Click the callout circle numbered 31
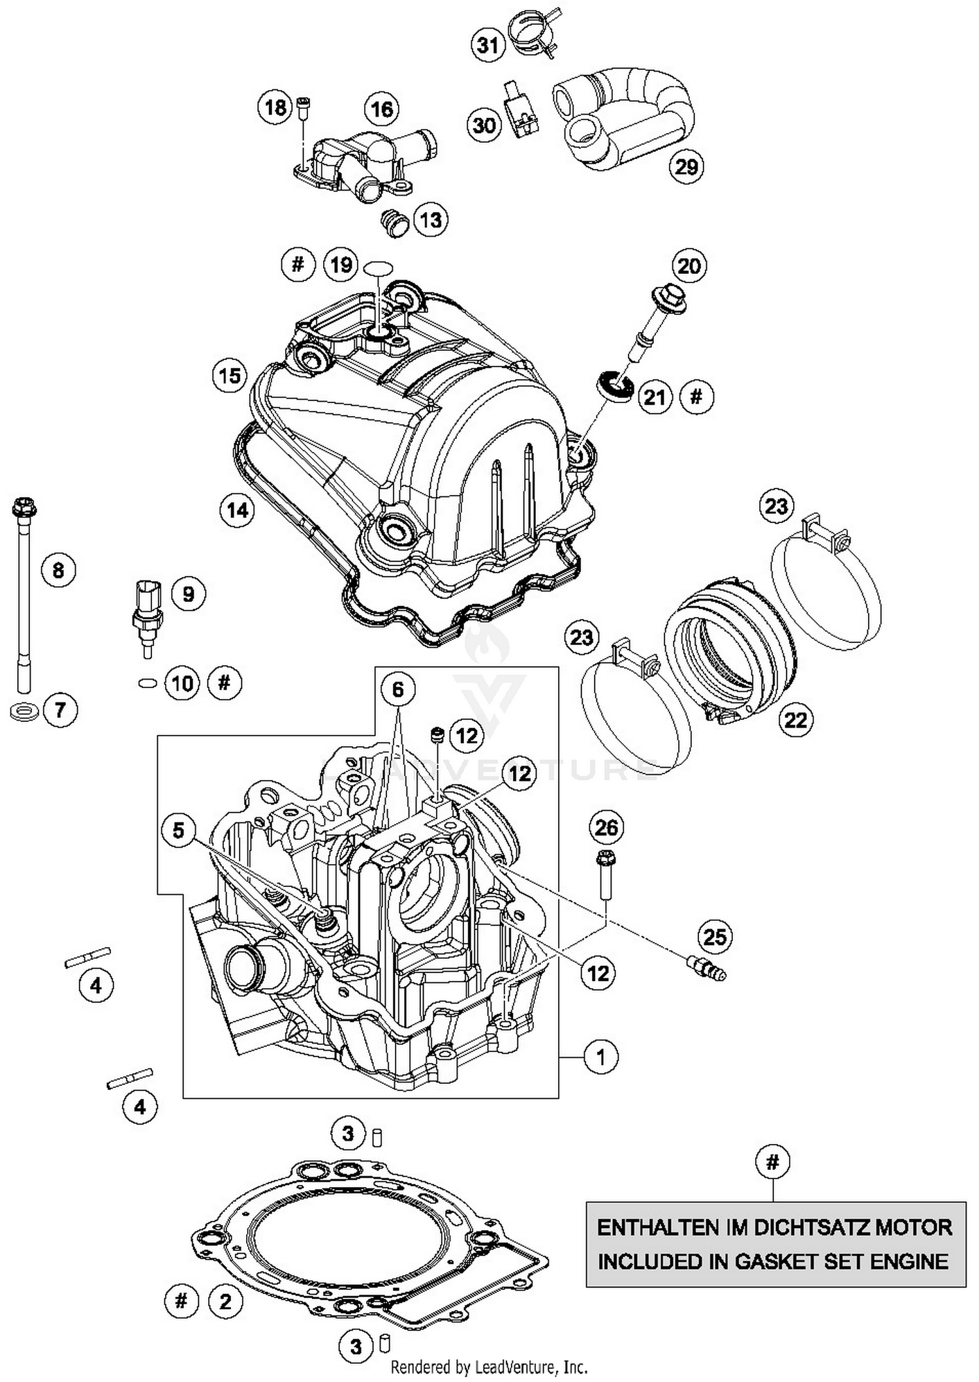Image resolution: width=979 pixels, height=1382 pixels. (488, 46)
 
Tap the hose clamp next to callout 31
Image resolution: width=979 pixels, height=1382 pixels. (534, 31)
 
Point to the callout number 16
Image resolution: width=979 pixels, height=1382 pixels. (382, 109)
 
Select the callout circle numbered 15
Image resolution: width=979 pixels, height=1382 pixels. (230, 376)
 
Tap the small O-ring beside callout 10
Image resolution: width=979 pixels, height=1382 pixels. (148, 683)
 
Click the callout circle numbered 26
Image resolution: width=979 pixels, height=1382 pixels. (606, 828)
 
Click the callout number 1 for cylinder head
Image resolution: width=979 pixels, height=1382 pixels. (600, 1056)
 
